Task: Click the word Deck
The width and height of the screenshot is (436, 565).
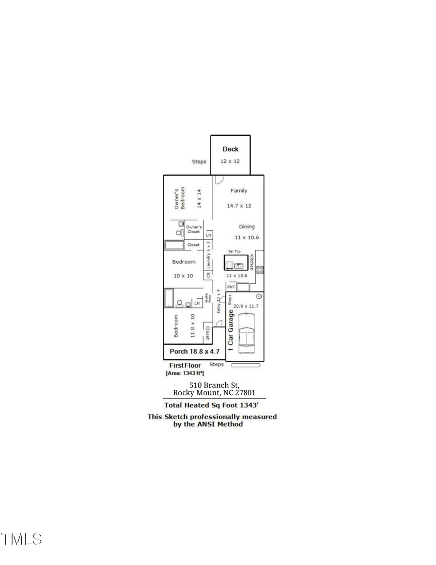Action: click(x=230, y=149)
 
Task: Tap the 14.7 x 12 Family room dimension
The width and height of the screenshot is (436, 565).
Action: click(x=239, y=206)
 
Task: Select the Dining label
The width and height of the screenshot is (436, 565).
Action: click(x=246, y=226)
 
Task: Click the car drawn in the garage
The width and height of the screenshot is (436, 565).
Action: click(x=247, y=331)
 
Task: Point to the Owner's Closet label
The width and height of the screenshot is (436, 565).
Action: click(x=194, y=229)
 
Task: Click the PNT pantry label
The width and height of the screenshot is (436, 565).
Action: click(x=231, y=287)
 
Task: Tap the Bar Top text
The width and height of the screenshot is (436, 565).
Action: click(x=234, y=251)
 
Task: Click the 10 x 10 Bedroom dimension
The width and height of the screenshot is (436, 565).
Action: click(x=184, y=275)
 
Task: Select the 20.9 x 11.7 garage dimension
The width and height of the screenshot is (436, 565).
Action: click(x=246, y=306)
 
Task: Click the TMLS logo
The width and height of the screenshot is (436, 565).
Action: click(x=21, y=539)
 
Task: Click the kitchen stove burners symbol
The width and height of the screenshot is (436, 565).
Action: click(x=260, y=270)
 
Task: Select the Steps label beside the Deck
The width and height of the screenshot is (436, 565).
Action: click(x=199, y=162)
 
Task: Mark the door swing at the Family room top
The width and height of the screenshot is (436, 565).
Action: click(x=218, y=179)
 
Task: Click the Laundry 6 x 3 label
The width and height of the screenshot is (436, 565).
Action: click(x=208, y=255)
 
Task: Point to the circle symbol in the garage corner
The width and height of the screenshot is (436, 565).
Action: click(x=259, y=295)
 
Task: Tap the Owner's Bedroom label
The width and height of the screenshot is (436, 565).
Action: click(x=180, y=199)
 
